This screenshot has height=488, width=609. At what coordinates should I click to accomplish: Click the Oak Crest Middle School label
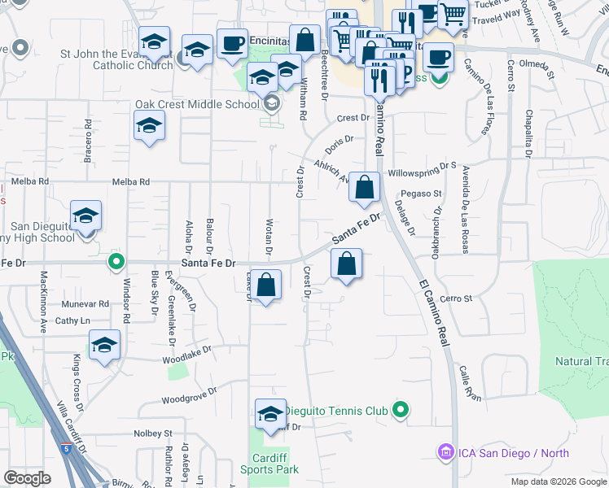tap(196, 104)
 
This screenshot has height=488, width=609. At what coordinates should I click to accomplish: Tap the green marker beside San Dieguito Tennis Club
tap(400, 410)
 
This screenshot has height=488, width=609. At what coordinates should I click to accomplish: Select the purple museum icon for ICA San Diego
tap(445, 451)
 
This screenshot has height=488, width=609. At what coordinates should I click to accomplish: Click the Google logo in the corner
tap(27, 478)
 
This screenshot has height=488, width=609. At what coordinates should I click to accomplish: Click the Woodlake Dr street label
tap(186, 352)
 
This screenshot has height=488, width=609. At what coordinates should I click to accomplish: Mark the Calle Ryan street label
tap(470, 382)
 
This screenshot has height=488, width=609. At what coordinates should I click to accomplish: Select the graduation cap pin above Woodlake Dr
tap(105, 346)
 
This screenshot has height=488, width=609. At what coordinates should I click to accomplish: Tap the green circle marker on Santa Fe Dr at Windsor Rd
tap(116, 262)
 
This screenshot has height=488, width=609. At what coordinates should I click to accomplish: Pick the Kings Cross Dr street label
tap(78, 377)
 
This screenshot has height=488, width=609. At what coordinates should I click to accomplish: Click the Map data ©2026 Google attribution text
tap(559, 481)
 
